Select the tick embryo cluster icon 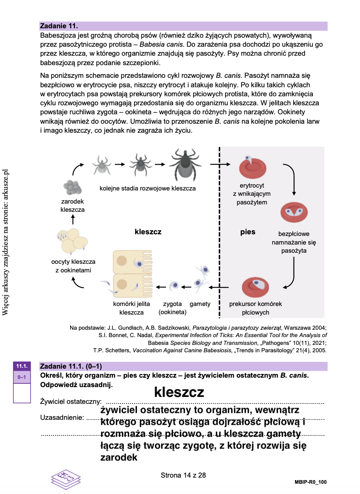pyautogui.click(x=73, y=188)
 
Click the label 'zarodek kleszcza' pyautogui.click(x=73, y=206)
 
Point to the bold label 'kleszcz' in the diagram pyautogui.click(x=148, y=232)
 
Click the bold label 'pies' pyautogui.click(x=248, y=232)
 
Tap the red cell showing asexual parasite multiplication pyautogui.click(x=294, y=213)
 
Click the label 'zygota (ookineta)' pyautogui.click(x=172, y=308)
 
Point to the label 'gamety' pyautogui.click(x=200, y=304)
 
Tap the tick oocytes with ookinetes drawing pyautogui.click(x=73, y=242)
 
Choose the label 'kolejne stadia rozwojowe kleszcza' pyautogui.click(x=148, y=188)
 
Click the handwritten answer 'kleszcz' pyautogui.click(x=179, y=392)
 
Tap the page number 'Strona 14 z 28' pyautogui.click(x=183, y=475)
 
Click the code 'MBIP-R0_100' pyautogui.click(x=310, y=482)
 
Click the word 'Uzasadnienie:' pyautogui.click(x=62, y=418)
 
